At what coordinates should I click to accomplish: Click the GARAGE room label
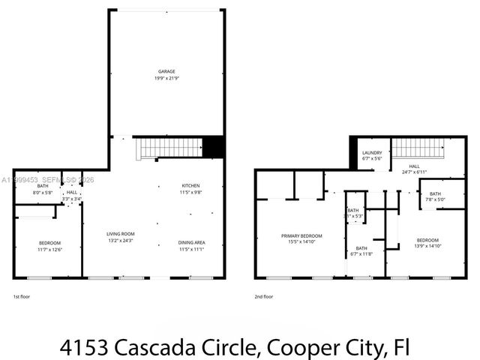coord(166,71)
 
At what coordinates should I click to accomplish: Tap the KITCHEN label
coord(191,186)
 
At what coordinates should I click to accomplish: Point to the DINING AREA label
coord(191,242)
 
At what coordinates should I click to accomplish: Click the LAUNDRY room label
coord(372,153)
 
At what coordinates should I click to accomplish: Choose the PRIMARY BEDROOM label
coord(299,235)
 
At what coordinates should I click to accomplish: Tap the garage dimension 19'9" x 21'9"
coord(166,78)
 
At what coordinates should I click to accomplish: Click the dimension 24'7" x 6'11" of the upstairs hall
coord(414,172)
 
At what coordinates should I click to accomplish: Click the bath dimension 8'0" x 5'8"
coord(42,193)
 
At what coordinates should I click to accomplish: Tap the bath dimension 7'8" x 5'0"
coord(435,199)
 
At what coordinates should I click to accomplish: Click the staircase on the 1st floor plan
coord(169,148)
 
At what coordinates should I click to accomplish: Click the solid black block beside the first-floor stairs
coord(214,146)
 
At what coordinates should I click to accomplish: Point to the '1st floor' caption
coord(22,296)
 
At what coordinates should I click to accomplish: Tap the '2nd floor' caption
coord(263,296)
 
